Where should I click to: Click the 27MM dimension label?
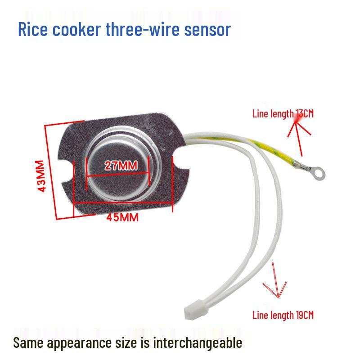[121, 165]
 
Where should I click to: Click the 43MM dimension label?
[41, 176]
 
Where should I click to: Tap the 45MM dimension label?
[122, 218]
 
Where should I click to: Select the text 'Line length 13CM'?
[283, 113]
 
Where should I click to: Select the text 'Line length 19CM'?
[283, 315]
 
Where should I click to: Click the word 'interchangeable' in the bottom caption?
[198, 342]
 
